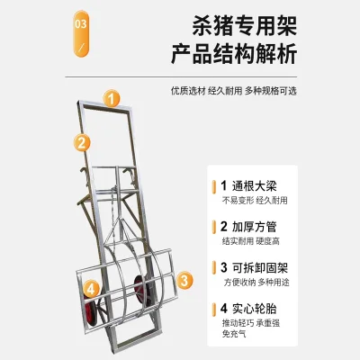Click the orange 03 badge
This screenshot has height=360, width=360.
(81, 33)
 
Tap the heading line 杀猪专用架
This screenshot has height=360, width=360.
(244, 26)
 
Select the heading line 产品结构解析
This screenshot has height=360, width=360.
(234, 54)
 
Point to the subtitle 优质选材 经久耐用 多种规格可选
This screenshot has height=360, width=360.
(234, 91)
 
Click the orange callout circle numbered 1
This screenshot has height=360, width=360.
(112, 99)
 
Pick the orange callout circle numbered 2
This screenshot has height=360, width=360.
(82, 142)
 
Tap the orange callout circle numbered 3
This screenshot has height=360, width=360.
(184, 280)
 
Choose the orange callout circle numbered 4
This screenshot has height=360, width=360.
(91, 289)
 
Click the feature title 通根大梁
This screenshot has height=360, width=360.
(254, 186)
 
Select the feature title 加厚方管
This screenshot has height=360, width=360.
(254, 227)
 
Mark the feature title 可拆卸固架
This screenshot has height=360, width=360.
(260, 267)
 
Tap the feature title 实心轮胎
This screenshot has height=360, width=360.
(254, 309)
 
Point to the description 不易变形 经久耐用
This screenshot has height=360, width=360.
(255, 201)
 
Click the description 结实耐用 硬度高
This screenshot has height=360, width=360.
(251, 241)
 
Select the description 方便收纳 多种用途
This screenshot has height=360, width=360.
(256, 283)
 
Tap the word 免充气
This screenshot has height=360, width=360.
(234, 334)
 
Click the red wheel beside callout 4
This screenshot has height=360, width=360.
(91, 312)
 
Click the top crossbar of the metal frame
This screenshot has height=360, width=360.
(104, 105)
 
